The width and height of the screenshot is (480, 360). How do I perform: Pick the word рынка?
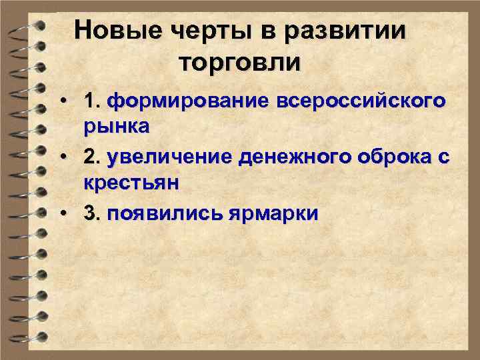(x=117, y=126)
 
